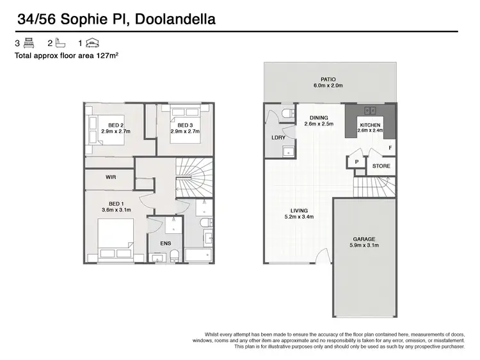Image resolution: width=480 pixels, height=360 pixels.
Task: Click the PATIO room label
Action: (x=328, y=79)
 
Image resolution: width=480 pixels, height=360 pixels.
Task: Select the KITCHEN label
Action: (x=370, y=125)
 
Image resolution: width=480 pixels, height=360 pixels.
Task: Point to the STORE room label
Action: (x=381, y=166)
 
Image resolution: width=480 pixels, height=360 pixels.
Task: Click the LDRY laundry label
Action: (x=278, y=137)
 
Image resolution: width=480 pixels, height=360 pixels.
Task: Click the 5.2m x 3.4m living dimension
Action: (x=299, y=217)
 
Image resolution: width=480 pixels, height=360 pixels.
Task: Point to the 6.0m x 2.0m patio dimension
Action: (x=328, y=86)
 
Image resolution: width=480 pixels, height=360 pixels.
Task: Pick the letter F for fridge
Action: (x=390, y=148)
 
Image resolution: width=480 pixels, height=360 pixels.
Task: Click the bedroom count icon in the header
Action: (x=28, y=43)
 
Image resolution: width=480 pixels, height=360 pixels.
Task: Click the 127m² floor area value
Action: (x=113, y=56)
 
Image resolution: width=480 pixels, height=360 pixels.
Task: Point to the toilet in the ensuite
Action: (x=173, y=256)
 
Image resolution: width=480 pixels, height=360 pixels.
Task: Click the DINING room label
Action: (x=319, y=118)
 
